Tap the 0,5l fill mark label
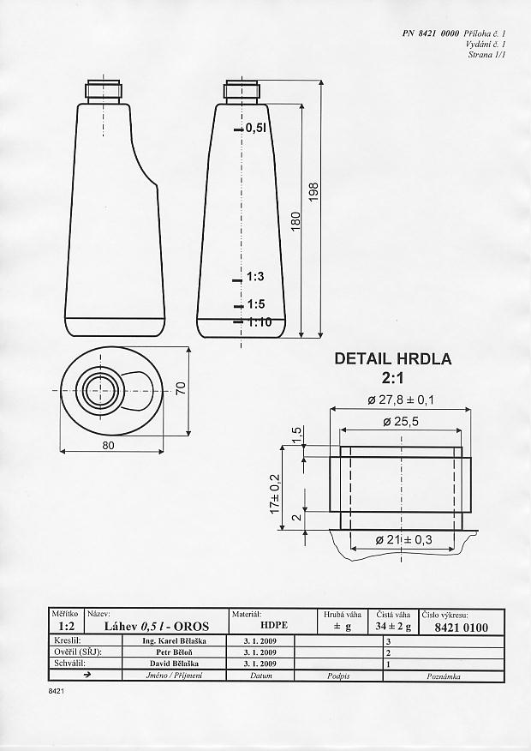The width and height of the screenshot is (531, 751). (257, 128)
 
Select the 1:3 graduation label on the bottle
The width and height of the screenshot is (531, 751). (255, 277)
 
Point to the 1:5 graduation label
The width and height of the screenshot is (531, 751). (255, 304)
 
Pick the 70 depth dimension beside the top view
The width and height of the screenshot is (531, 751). (181, 388)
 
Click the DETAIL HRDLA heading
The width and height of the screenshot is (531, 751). (391, 359)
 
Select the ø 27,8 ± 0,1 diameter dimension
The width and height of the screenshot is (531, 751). (402, 400)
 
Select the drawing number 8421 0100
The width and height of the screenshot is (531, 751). (462, 628)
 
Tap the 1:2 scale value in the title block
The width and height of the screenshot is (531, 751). (65, 627)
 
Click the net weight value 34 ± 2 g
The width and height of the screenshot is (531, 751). (393, 628)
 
